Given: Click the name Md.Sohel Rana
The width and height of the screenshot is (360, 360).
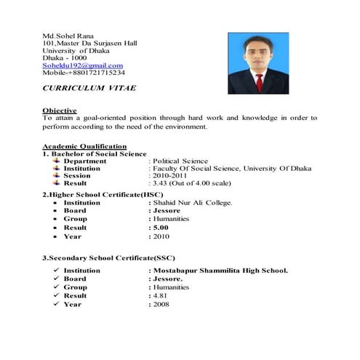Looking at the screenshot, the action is click(67, 35).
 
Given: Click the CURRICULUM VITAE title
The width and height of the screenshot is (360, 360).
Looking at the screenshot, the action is click(89, 87).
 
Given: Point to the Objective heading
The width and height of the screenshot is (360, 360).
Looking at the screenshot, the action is click(60, 110).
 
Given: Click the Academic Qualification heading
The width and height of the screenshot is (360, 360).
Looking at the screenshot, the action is click(84, 146).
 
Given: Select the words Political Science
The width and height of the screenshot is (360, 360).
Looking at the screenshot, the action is click(180, 161).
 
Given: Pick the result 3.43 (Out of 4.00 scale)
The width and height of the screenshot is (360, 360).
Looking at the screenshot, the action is click(192, 183).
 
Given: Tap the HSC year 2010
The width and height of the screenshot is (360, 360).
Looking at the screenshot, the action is click(161, 236).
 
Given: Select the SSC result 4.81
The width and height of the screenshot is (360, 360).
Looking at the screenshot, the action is click(160, 296).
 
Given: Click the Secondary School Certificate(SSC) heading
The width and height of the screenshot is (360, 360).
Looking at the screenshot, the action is click(108, 258).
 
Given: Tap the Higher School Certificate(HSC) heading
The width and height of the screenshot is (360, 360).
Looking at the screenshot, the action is click(103, 194).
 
